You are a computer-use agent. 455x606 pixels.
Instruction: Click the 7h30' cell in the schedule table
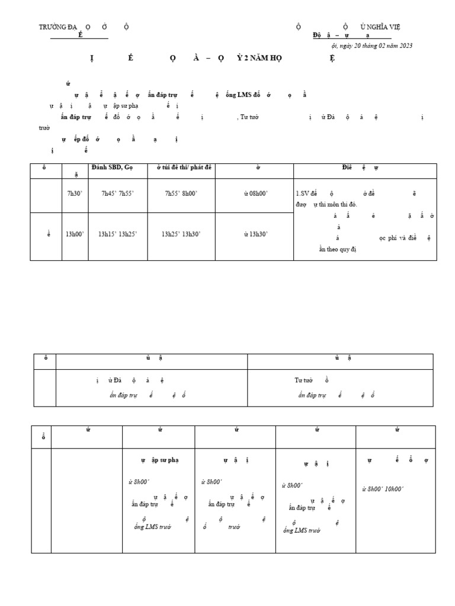tap(75, 194)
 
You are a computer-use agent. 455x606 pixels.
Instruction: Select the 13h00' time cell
tap(75, 234)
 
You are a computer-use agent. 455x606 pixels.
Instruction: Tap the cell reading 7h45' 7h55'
tap(118, 194)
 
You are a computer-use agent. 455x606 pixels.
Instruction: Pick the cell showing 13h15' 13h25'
tap(118, 234)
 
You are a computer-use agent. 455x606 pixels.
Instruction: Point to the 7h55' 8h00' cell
tap(181, 194)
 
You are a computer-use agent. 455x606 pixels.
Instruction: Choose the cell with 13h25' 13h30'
tap(181, 234)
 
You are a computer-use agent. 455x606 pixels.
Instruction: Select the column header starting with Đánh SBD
tap(113, 168)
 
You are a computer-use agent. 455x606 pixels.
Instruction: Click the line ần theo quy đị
tap(338, 249)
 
